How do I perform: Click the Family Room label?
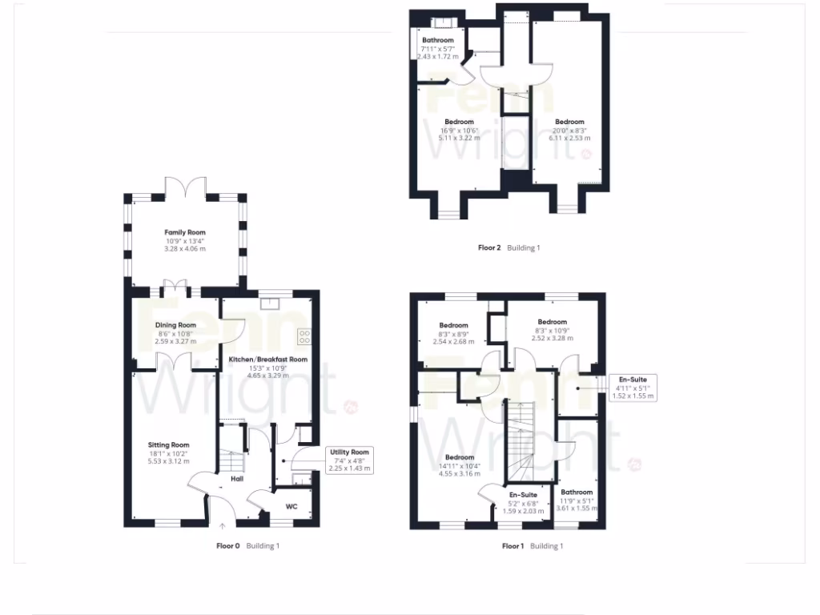185,232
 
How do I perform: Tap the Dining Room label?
175,325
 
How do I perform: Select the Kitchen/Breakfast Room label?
268,360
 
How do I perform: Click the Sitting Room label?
168,445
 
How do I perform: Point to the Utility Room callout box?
350,460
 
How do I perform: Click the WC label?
291,506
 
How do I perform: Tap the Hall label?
237,479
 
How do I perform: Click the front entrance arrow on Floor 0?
223,526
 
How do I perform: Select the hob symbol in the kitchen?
304,336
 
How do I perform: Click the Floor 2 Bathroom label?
438,40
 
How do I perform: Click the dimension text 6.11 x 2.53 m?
570,138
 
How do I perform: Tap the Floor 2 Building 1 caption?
508,248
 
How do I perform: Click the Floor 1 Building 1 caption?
533,546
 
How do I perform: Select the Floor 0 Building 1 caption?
247,546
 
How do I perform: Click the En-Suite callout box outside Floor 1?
633,387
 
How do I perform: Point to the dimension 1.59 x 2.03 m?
523,511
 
